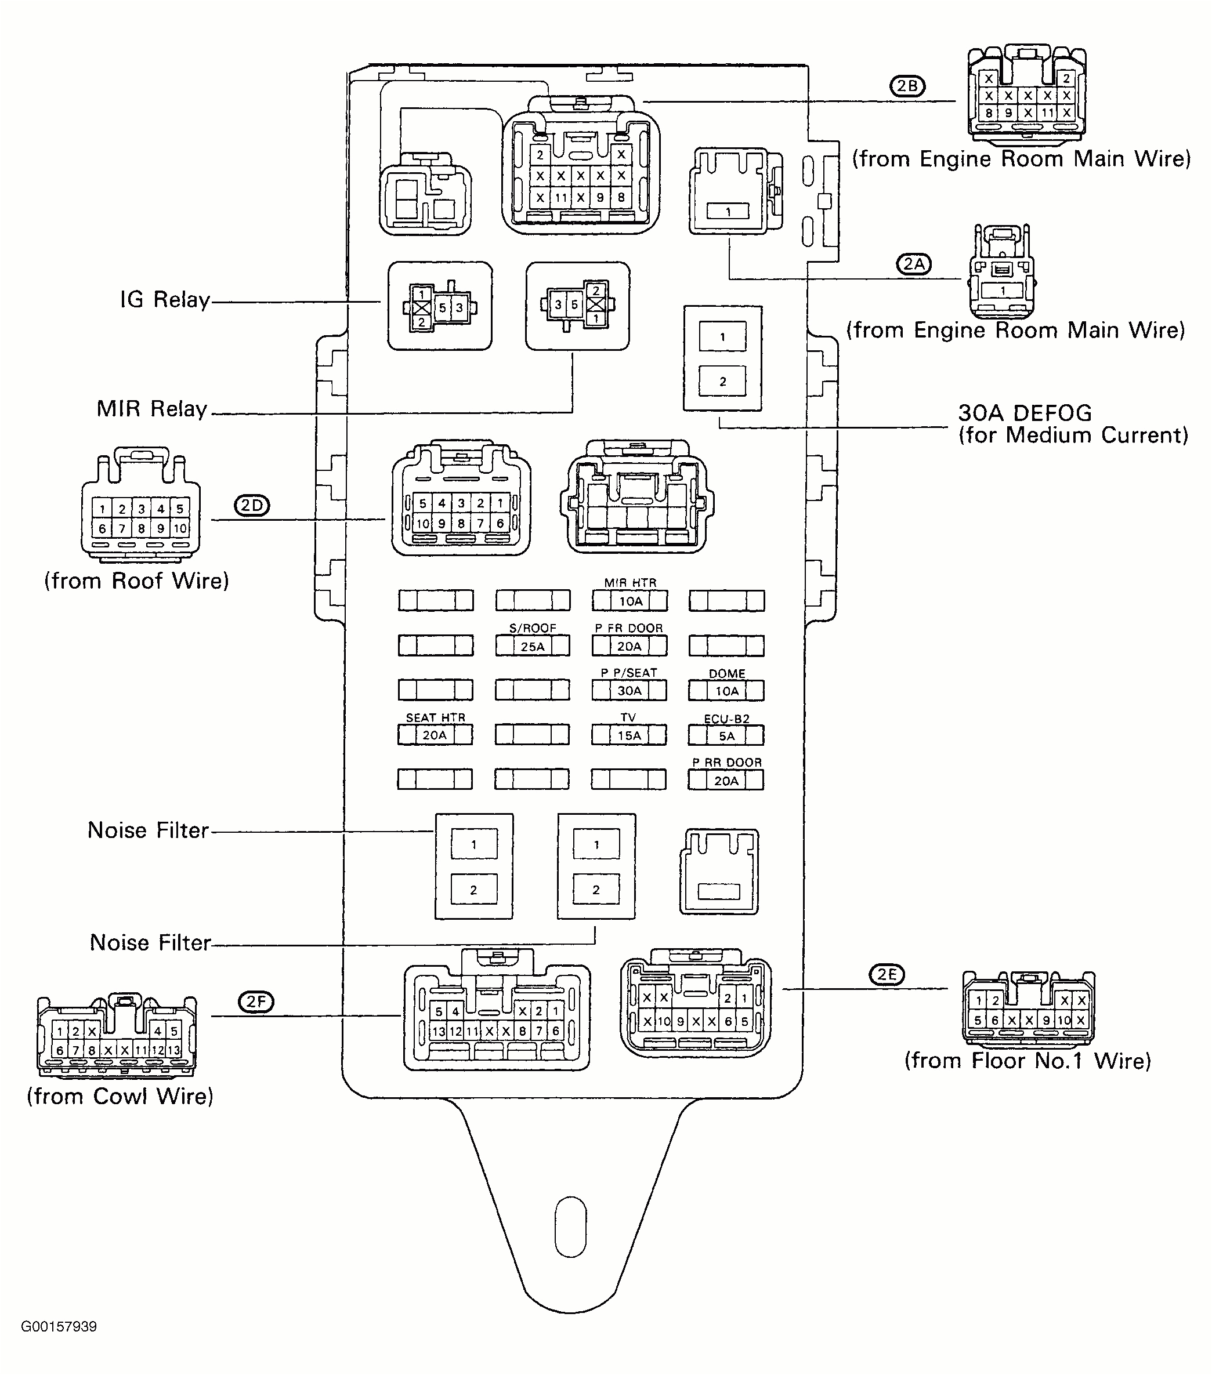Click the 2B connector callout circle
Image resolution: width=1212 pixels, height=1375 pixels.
point(907,86)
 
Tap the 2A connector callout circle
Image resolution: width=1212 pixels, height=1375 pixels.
point(914,264)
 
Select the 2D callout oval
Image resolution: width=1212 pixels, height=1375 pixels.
point(252,505)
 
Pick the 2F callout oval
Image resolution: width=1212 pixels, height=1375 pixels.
point(256,1002)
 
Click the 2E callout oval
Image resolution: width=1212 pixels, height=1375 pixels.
point(887,974)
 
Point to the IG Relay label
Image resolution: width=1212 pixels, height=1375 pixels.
point(165,300)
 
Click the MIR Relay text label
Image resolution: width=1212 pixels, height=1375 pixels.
point(152,409)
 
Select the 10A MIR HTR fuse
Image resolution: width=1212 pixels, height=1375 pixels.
point(630,601)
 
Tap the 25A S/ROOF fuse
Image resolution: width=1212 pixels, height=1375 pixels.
point(532,647)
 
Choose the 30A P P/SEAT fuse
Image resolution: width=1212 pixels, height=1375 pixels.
point(629,691)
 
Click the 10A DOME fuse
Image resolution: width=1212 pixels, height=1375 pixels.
point(726,691)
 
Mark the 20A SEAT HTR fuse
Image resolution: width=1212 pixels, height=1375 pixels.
point(435,735)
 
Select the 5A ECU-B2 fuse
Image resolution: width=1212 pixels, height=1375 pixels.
point(726,736)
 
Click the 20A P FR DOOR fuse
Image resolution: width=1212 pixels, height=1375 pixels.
point(629,646)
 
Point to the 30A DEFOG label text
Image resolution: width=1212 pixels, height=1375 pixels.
point(1025,413)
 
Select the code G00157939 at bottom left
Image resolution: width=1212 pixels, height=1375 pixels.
point(59,1326)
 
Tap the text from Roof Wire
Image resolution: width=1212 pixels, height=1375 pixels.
point(136,581)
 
